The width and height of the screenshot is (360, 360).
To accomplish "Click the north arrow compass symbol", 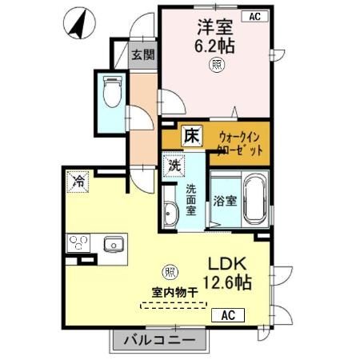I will click(x=78, y=21).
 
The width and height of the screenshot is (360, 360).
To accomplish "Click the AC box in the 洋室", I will click(x=254, y=16).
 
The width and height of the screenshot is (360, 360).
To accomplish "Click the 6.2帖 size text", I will click(x=215, y=46).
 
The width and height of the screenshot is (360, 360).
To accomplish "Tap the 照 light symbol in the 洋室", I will click(x=216, y=66).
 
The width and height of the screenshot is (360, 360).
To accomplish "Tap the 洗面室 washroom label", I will click(x=192, y=201).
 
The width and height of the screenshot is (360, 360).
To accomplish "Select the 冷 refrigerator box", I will click(x=78, y=180).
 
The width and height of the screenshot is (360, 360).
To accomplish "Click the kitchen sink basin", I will click(x=111, y=242).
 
